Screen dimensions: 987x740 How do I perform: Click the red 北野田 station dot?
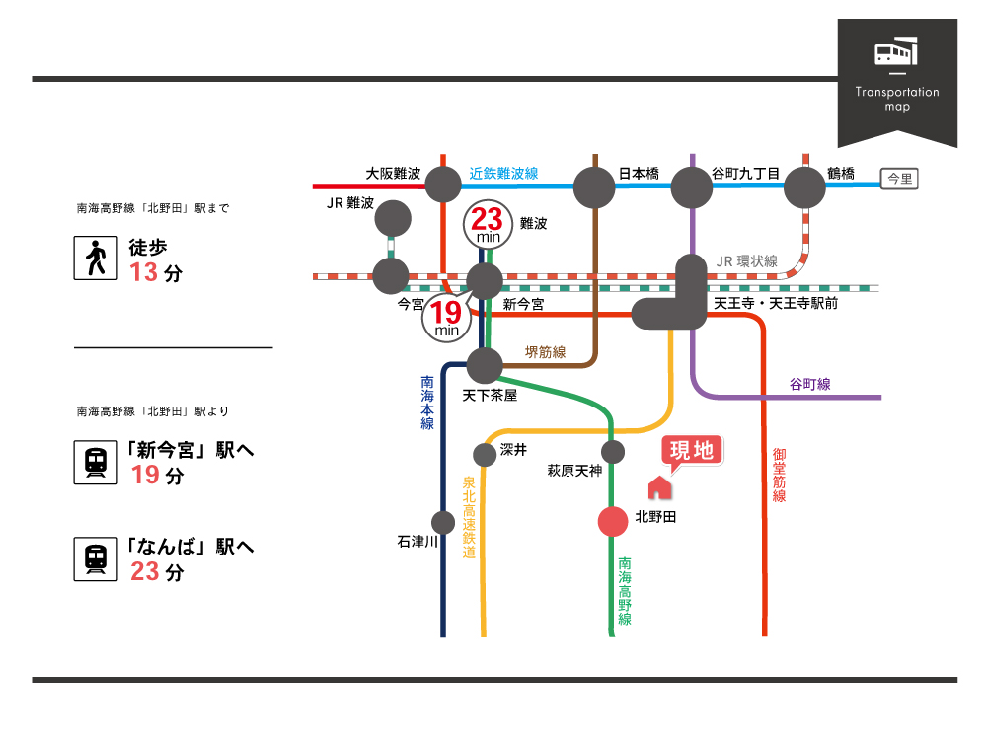click(613, 522)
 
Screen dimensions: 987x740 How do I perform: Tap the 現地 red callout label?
click(692, 451)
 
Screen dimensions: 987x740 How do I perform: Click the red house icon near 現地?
click(659, 487)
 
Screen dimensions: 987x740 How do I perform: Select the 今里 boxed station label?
click(899, 179)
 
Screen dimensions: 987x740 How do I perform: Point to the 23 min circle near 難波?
click(488, 225)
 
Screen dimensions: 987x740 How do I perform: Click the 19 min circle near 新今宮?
click(446, 319)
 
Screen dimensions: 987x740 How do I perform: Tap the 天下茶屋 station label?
click(490, 396)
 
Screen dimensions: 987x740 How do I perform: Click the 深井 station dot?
click(484, 454)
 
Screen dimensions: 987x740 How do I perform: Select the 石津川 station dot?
click(443, 522)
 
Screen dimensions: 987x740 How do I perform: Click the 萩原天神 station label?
click(574, 471)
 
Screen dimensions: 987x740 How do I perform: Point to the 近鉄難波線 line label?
click(503, 173)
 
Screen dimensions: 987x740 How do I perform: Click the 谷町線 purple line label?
click(810, 384)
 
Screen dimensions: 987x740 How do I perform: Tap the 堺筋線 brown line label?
click(545, 352)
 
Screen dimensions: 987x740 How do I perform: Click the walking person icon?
click(96, 258)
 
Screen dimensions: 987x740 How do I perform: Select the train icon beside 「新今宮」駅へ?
click(96, 462)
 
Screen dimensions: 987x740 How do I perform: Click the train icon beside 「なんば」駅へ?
click(96, 558)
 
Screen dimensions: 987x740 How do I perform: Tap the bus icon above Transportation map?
click(896, 52)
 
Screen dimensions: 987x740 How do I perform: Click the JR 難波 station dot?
click(393, 218)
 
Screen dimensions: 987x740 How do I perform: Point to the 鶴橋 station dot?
click(804, 186)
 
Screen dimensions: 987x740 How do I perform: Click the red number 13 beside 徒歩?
click(143, 272)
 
